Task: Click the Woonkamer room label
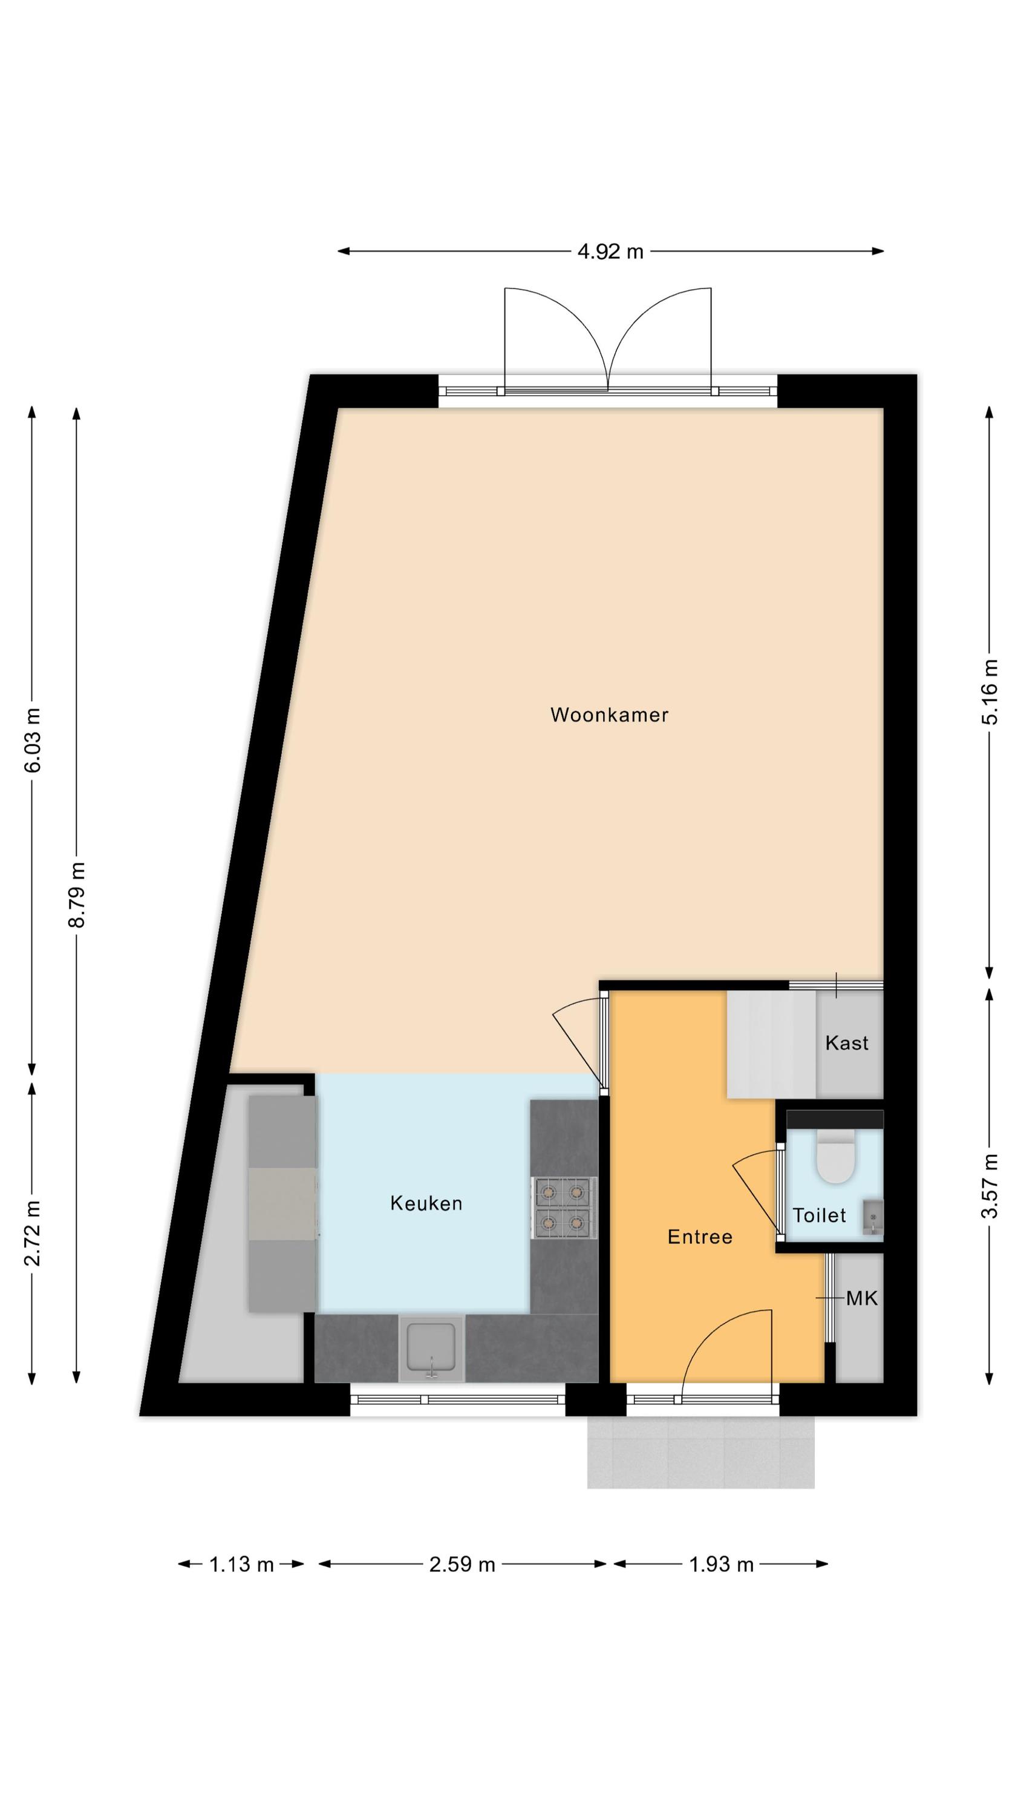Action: tap(609, 715)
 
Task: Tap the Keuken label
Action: tap(426, 1203)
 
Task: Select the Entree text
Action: tap(700, 1237)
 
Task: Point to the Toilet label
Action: tap(819, 1215)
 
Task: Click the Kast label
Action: tap(846, 1043)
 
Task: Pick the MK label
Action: tap(862, 1298)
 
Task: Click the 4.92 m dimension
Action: tap(610, 252)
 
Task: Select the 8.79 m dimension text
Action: tap(77, 895)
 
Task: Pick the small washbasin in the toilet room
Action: tap(872, 1217)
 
